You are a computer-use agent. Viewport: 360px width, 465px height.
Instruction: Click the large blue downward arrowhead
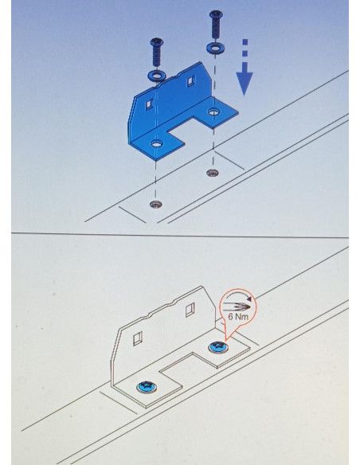[245, 83]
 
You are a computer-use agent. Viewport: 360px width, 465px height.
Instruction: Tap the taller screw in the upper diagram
[216, 25]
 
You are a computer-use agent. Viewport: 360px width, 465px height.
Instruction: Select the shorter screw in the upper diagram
[157, 53]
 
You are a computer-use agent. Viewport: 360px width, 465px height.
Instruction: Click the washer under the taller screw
[216, 47]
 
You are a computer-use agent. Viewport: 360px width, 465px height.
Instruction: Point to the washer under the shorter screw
[156, 76]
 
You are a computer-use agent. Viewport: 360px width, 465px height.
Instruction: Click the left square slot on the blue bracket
[150, 104]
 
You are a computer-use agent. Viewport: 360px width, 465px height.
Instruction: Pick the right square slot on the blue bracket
[191, 81]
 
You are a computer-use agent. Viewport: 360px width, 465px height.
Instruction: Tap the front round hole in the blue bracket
[157, 144]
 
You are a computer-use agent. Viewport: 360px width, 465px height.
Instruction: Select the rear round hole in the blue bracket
[213, 111]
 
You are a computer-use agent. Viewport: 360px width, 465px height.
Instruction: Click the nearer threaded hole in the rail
[156, 204]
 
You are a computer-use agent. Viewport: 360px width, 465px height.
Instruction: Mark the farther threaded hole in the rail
[213, 172]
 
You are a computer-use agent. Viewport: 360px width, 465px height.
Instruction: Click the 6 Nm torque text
[238, 317]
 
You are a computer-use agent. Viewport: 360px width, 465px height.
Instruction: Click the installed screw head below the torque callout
[218, 347]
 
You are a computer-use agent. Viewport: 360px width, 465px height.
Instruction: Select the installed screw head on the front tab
[147, 387]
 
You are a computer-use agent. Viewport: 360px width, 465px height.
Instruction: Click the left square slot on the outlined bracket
[138, 338]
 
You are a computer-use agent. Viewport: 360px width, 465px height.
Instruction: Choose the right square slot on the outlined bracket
[190, 310]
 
